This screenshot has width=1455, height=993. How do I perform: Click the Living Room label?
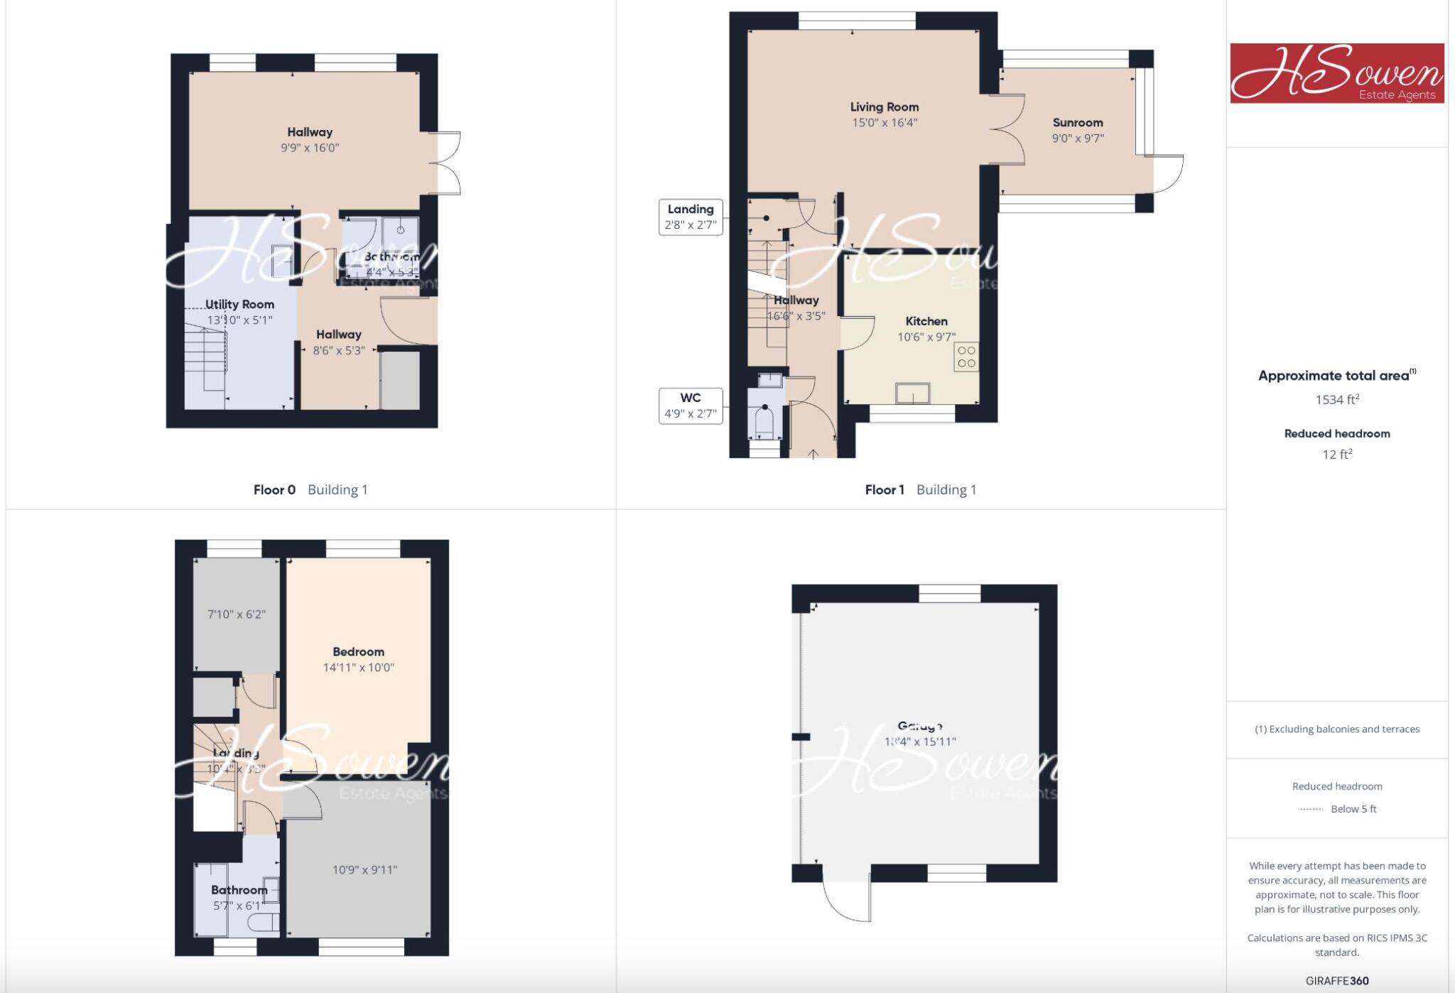click(x=885, y=107)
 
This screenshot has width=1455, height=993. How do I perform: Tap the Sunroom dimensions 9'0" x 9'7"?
click(x=1078, y=139)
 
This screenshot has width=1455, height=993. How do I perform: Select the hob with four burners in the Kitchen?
click(x=966, y=357)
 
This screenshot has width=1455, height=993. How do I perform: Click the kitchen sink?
click(x=913, y=393)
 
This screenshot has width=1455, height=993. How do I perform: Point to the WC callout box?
click(x=691, y=406)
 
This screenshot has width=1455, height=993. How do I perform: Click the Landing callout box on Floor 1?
click(x=691, y=217)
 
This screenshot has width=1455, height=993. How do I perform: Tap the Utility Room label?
click(x=239, y=304)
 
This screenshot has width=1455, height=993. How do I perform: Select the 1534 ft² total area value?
click(x=1337, y=399)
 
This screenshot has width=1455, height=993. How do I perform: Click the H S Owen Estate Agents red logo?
click(x=1337, y=73)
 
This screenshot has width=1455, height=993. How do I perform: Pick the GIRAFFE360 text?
click(x=1337, y=981)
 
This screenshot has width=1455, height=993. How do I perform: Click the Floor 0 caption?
click(x=274, y=489)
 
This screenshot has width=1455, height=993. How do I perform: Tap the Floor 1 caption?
click(x=885, y=489)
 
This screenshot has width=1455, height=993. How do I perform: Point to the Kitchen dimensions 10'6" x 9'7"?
click(x=926, y=337)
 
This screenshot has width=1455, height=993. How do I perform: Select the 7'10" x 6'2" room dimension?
click(x=237, y=614)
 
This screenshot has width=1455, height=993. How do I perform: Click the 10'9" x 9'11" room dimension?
click(x=364, y=870)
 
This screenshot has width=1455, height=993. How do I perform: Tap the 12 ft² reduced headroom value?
click(x=1337, y=455)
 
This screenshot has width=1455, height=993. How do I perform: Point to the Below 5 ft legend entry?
click(x=1353, y=809)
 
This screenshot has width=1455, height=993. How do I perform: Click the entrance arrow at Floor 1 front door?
click(x=813, y=453)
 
